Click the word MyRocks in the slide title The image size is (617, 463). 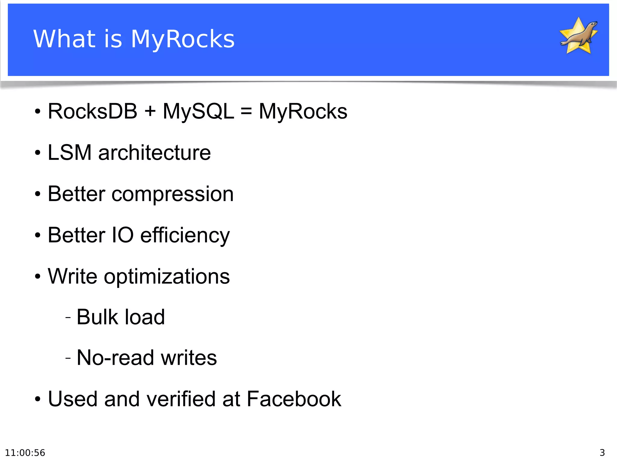[x=182, y=39]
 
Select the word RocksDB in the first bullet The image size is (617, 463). [x=92, y=111]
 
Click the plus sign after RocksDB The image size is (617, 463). [x=150, y=111]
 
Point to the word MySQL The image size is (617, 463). [x=198, y=111]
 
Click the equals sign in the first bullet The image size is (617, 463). [x=246, y=111]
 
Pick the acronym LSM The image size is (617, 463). [x=70, y=153]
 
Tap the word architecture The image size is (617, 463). [x=155, y=153]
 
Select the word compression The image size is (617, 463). [x=173, y=194]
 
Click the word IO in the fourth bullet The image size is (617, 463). [x=123, y=235]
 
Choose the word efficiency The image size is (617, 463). [x=185, y=236]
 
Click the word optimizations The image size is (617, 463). [x=167, y=276]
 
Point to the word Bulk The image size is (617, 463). [x=97, y=317]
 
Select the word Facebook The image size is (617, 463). [x=294, y=399]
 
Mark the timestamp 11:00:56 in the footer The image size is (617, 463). [x=25, y=453]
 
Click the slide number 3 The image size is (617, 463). [x=602, y=453]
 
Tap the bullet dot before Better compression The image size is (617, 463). [x=37, y=194]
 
